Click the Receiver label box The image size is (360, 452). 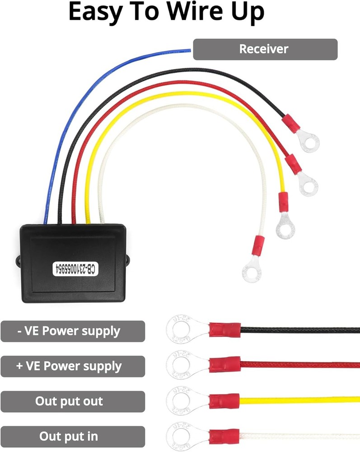click(x=265, y=49)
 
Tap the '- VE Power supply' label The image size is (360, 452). click(x=73, y=331)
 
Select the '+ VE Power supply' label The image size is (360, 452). click(x=73, y=366)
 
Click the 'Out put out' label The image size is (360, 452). click(x=73, y=401)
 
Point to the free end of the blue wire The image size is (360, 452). click(x=189, y=50)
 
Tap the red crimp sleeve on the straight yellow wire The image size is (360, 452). click(x=224, y=400)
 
